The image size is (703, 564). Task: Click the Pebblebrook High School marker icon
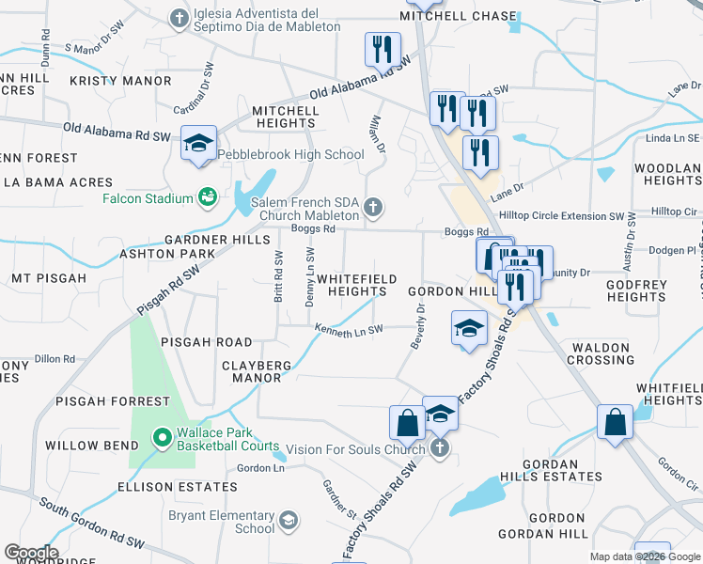198,144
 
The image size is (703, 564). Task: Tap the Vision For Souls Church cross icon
439,448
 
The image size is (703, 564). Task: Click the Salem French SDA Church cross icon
373,208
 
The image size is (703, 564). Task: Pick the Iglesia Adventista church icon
180,18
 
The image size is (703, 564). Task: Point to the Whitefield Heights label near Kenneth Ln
351,286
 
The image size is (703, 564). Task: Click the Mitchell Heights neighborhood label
286,117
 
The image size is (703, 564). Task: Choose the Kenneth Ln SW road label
349,331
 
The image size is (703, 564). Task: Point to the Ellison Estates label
177,487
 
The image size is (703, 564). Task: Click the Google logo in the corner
31,553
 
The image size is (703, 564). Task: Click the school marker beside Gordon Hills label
470,328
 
